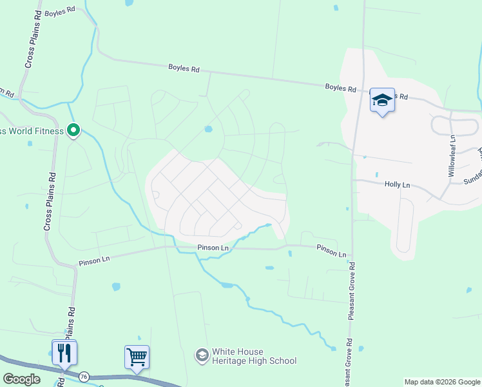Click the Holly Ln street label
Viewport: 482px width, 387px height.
coord(397,184)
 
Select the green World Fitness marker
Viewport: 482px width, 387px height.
coord(73,131)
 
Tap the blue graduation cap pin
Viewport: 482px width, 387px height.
coord(382,100)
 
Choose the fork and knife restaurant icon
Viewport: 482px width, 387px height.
coord(64,352)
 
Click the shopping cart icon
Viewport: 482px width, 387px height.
coord(137,356)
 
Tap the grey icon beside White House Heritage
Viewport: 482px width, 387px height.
coord(202,355)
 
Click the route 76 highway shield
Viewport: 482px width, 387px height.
coord(84,375)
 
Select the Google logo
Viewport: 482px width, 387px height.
coord(21,379)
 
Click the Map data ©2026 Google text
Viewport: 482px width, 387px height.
coord(442,382)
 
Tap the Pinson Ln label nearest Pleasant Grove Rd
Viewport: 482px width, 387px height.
coord(331,250)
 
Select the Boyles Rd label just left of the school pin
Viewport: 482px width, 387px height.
coord(341,88)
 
